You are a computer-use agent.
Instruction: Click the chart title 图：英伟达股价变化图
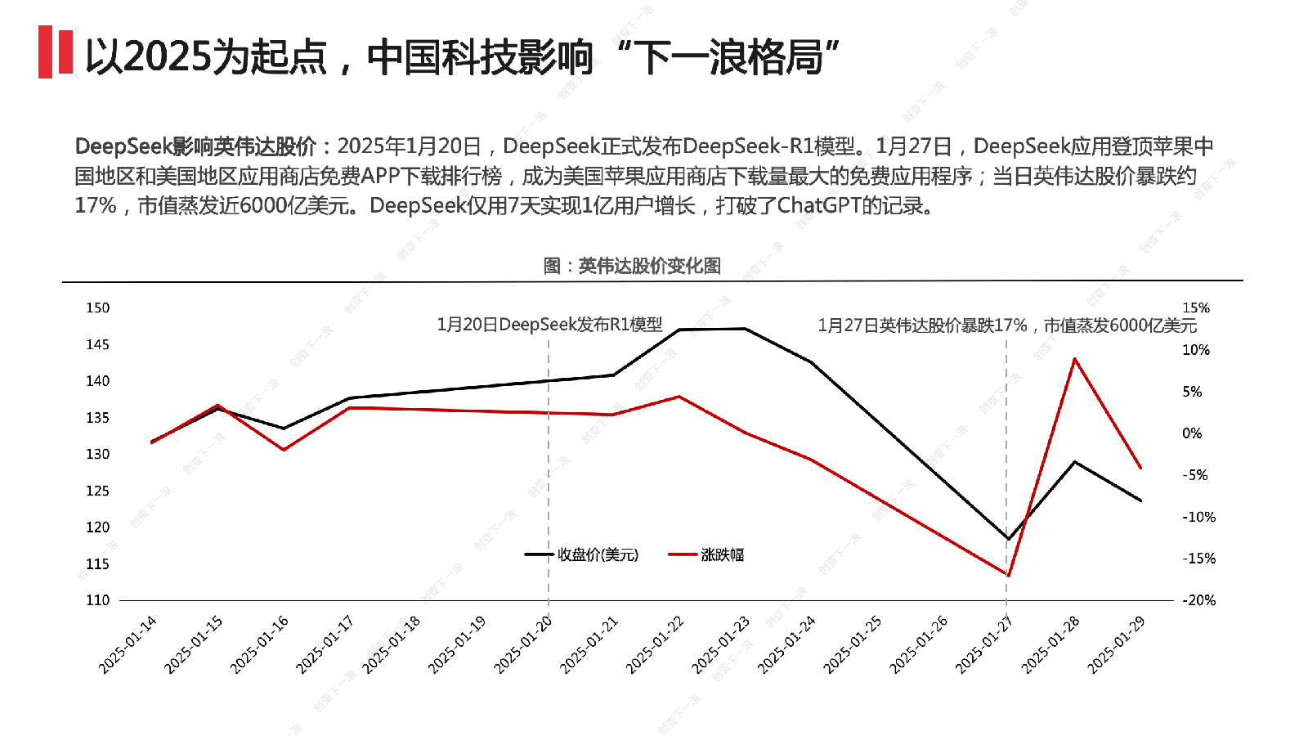tap(632, 266)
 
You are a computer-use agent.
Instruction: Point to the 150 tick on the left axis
tap(98, 308)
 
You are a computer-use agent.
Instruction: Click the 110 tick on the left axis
tap(98, 600)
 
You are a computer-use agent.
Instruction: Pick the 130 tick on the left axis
tap(98, 454)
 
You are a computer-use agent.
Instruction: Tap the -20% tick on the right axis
tap(1198, 600)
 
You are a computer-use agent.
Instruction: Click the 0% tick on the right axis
tap(1192, 433)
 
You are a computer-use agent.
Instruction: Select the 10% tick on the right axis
tap(1195, 350)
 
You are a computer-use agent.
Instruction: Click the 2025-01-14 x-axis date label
tap(128, 645)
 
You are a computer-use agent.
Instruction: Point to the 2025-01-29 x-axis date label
tap(1117, 645)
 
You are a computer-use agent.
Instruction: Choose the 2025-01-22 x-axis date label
tap(656, 645)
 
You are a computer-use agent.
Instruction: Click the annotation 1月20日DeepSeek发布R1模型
tap(549, 325)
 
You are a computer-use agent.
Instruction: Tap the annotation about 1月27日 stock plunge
tap(1007, 325)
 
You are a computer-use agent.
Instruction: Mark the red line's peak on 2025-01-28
tap(1074, 359)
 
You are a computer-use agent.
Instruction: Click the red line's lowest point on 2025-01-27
tap(1008, 575)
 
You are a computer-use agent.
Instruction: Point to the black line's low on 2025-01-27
tap(1008, 539)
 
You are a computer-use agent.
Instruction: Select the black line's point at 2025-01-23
tap(745, 329)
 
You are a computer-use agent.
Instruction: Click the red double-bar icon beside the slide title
tap(56, 52)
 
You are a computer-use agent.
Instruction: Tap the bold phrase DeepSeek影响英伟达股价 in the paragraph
tap(195, 146)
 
